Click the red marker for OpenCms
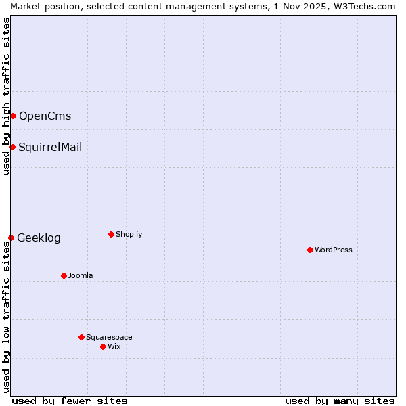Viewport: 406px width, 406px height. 13,116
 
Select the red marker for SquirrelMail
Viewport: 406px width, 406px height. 12,147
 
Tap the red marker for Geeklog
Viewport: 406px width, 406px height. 11,238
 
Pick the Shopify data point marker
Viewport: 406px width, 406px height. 111,234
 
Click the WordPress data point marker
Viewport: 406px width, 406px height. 310,250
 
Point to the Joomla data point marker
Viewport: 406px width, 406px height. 64,275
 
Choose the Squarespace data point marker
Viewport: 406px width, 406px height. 81,337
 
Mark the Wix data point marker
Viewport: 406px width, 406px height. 103,346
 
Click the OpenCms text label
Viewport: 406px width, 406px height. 45,116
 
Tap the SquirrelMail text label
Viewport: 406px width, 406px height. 50,147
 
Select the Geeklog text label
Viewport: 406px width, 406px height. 39,238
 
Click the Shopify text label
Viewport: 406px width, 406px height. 129,234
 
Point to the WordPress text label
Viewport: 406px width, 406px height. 334,250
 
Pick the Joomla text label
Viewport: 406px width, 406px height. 81,275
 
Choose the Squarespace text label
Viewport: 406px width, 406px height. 109,337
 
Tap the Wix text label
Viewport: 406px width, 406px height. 114,346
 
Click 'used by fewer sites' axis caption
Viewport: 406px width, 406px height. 70,401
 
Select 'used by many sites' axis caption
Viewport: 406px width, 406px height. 340,401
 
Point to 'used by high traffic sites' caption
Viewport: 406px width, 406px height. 6,96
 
